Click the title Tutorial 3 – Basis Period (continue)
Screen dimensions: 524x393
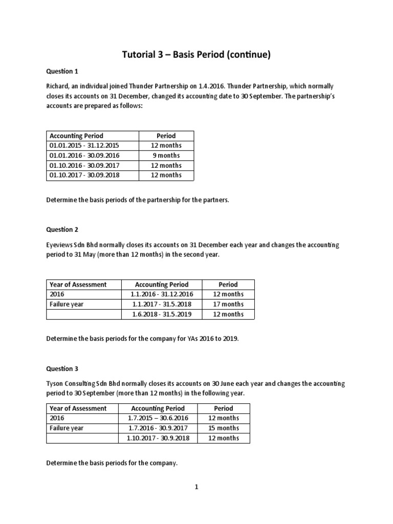pyautogui.click(x=196, y=55)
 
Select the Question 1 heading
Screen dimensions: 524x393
pyautogui.click(x=62, y=72)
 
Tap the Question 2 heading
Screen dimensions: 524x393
pyautogui.click(x=62, y=230)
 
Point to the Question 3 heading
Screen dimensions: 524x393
pyautogui.click(x=62, y=368)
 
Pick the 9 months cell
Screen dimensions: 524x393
pyautogui.click(x=166, y=156)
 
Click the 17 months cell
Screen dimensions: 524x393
pyautogui.click(x=228, y=304)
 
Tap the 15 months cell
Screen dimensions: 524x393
pyautogui.click(x=224, y=428)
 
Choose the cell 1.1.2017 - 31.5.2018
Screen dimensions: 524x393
pyautogui.click(x=161, y=304)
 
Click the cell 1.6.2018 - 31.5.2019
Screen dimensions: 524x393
pyautogui.click(x=161, y=314)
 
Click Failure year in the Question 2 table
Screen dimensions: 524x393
pyautogui.click(x=67, y=304)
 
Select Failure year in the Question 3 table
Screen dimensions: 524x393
pyautogui.click(x=67, y=428)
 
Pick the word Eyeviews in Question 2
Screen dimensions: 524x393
pyautogui.click(x=61, y=245)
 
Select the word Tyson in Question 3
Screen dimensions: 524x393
pyautogui.click(x=56, y=383)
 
